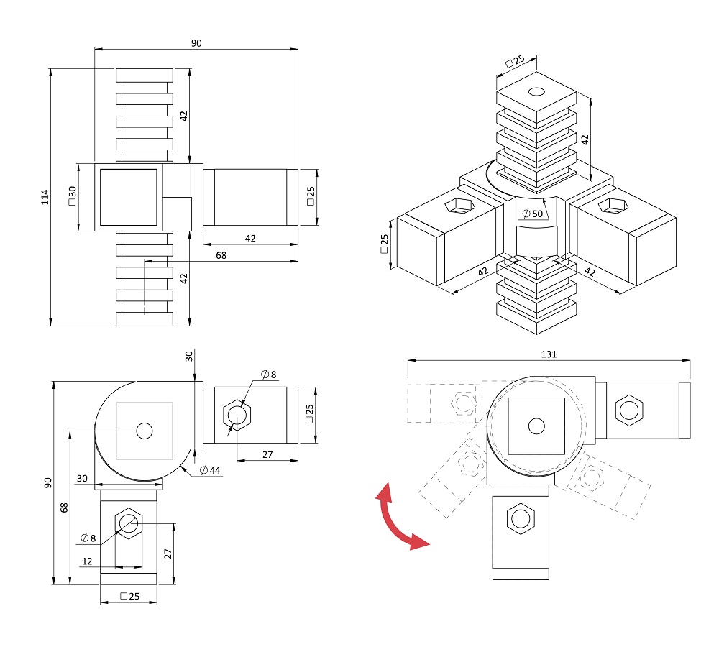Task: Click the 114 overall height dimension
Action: [45, 197]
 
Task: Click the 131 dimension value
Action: [549, 354]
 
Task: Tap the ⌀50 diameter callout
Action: [532, 214]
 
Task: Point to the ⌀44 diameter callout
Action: [210, 470]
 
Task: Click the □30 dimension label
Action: [72, 196]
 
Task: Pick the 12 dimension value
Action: [87, 561]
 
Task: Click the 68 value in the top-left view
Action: [221, 255]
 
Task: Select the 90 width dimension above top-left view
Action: [196, 43]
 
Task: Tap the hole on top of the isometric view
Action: [536, 92]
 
